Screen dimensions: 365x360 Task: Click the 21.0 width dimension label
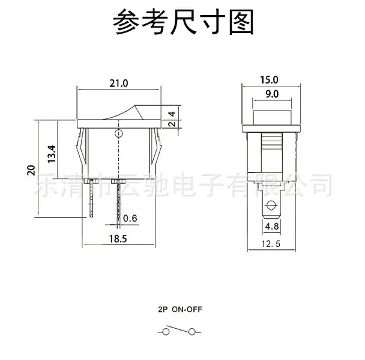point(119,83)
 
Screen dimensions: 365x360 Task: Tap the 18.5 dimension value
point(118,239)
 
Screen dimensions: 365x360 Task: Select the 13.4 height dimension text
point(52,154)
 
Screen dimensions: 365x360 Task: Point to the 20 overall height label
point(31,170)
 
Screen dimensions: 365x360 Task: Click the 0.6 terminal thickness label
point(130,218)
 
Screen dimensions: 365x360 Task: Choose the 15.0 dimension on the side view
point(269,80)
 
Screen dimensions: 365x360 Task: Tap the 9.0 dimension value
point(272,94)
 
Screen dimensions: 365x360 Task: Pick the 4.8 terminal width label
point(272,226)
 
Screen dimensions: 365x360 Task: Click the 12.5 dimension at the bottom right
point(271,244)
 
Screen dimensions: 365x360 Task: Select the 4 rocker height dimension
point(172,114)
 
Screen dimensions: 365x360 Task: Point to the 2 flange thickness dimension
point(172,123)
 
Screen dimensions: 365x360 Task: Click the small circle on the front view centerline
point(119,133)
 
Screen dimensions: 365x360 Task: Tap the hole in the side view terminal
point(271,206)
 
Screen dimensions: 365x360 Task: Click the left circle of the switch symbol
point(166,332)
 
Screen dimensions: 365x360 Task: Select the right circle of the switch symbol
point(192,332)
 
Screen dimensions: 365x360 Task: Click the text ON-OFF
point(187,310)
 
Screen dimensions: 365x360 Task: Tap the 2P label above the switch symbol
point(163,310)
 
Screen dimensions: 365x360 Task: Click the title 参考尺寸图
point(183,22)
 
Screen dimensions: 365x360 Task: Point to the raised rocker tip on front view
point(136,106)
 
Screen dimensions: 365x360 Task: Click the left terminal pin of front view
point(91,198)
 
